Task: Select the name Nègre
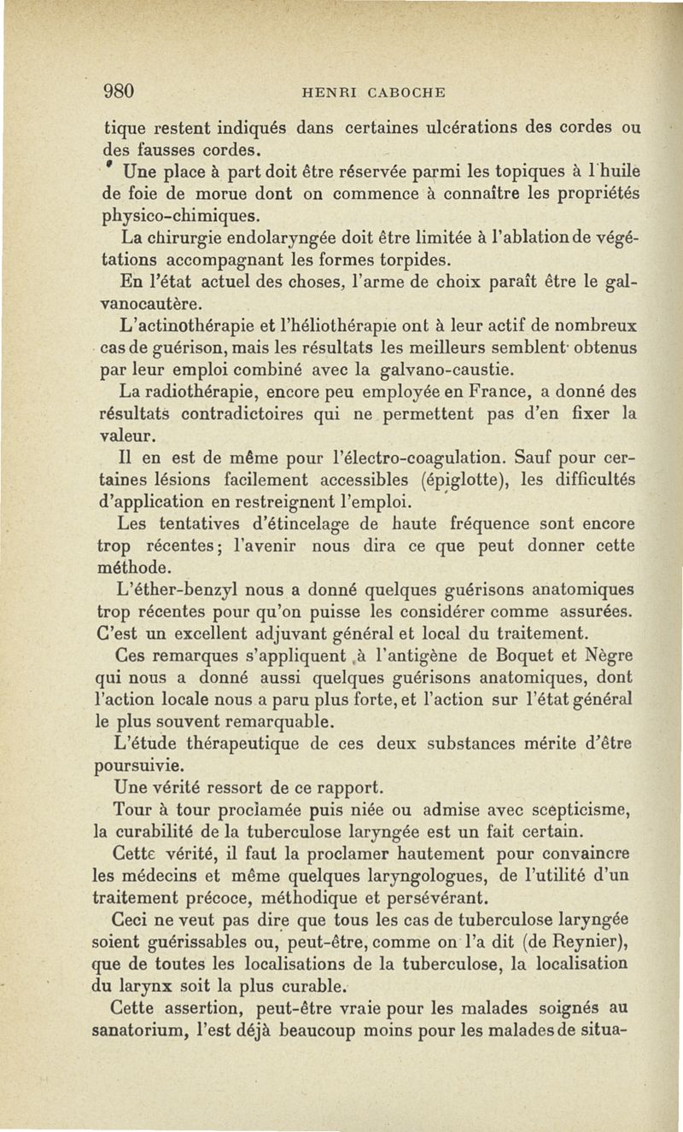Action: (x=608, y=656)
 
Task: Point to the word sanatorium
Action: (x=149, y=1032)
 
